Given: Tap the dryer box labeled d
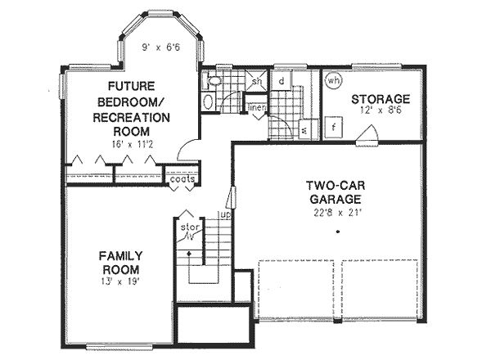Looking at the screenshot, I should pyautogui.click(x=281, y=81).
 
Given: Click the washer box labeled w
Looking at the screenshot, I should pyautogui.click(x=303, y=129).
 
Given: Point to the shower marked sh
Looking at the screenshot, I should pyautogui.click(x=255, y=81).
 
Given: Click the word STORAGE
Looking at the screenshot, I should pyautogui.click(x=381, y=100).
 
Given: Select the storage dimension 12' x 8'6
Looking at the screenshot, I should pyautogui.click(x=381, y=112).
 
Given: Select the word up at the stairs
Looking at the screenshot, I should pyautogui.click(x=222, y=214).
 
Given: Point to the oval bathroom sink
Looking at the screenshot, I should pyautogui.click(x=208, y=103).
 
